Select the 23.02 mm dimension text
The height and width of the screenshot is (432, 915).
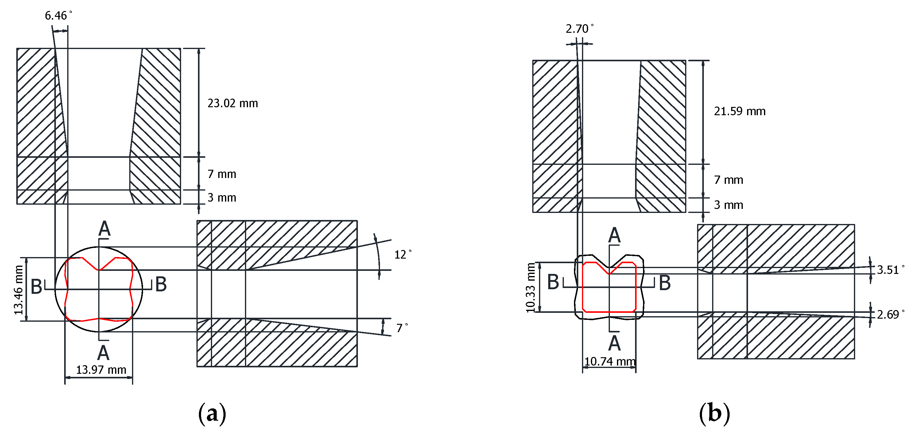coord(232,104)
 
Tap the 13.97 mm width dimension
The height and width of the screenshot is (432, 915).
coord(101,370)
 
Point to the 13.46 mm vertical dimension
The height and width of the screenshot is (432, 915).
coord(19,290)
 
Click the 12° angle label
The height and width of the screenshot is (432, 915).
coord(402,255)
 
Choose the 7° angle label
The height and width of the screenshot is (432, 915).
coord(401,328)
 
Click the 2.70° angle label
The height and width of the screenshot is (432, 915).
coord(579,29)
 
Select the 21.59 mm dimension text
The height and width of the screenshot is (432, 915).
coord(739,111)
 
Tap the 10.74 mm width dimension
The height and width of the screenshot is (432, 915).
coord(610,362)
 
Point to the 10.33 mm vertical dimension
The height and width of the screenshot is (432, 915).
coord(530,288)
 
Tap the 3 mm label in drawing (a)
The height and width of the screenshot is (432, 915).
coord(222,198)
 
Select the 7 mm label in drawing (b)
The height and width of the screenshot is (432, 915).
coord(728,180)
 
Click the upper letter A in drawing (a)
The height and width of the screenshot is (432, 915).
coord(104,229)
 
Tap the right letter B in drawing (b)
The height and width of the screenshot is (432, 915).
coord(665,283)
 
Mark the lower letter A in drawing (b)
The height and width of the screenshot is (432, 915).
coord(615,343)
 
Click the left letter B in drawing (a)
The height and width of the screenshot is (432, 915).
coord(37,286)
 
